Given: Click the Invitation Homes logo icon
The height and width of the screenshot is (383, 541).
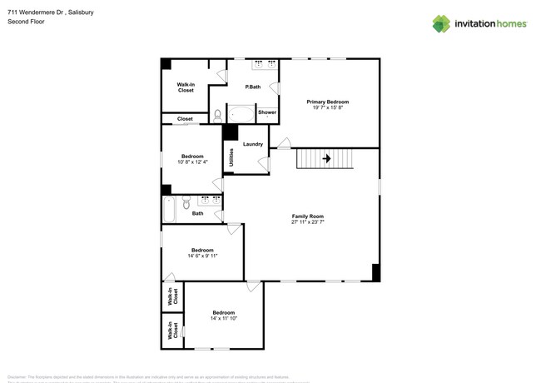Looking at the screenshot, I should tap(441, 23).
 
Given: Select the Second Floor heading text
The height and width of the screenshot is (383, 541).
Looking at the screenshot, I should tap(26, 22).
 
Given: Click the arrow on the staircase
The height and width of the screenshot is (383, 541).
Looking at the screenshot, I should tap(326, 158).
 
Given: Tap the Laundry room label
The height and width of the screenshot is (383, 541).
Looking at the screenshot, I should tap(253, 144).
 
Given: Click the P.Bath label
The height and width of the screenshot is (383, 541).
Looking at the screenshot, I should tap(252, 87).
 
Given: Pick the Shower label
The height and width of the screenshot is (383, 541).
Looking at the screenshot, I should tap(267, 112).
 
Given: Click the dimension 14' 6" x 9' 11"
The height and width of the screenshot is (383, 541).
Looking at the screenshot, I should tap(203, 256).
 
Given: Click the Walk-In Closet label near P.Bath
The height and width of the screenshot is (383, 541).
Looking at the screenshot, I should tap(186, 87).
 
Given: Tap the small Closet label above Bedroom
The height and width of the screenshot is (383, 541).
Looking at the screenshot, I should tap(185, 119).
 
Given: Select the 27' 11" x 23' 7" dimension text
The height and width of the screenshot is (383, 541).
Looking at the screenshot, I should tap(307, 221).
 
